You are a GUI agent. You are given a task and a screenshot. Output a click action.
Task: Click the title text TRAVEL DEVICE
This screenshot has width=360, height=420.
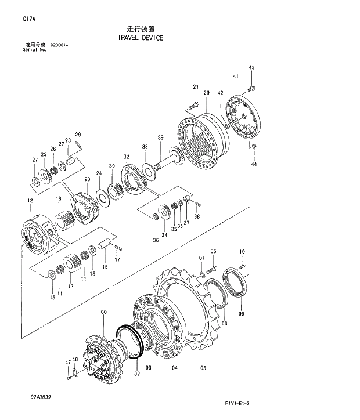[140, 38]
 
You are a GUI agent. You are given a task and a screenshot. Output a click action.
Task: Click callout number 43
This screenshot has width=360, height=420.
[251, 68]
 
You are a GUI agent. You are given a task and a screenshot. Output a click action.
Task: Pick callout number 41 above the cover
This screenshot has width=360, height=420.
[235, 77]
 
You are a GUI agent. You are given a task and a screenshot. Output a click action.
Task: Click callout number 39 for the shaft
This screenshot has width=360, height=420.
[161, 137]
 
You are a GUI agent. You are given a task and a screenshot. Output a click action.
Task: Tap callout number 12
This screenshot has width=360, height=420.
[30, 201]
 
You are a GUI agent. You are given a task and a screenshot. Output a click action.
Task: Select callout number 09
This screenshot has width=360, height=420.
[241, 314]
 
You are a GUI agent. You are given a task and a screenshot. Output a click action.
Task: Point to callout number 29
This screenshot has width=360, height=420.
[77, 135]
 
